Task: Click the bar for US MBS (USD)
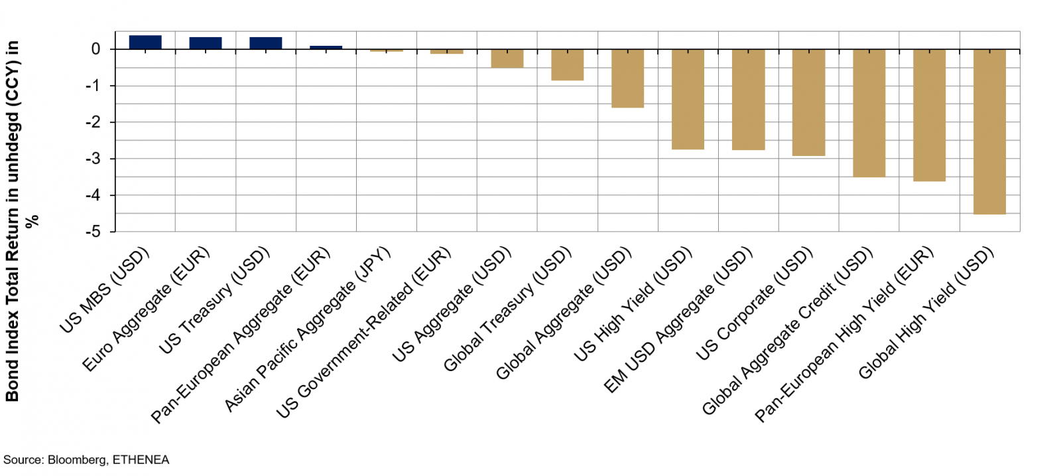click(145, 42)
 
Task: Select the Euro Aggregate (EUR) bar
click(206, 43)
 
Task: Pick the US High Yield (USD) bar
click(688, 99)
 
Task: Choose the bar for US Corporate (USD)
click(808, 102)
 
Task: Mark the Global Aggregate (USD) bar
click(627, 78)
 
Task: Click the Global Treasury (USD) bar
click(567, 64)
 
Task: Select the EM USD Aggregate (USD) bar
click(748, 100)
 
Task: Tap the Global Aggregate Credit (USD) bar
click(869, 113)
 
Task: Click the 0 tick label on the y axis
click(96, 49)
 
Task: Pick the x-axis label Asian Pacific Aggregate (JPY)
click(308, 329)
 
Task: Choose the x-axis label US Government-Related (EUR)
click(363, 333)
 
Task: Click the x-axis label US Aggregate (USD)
click(452, 305)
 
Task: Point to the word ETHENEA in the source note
click(141, 460)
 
